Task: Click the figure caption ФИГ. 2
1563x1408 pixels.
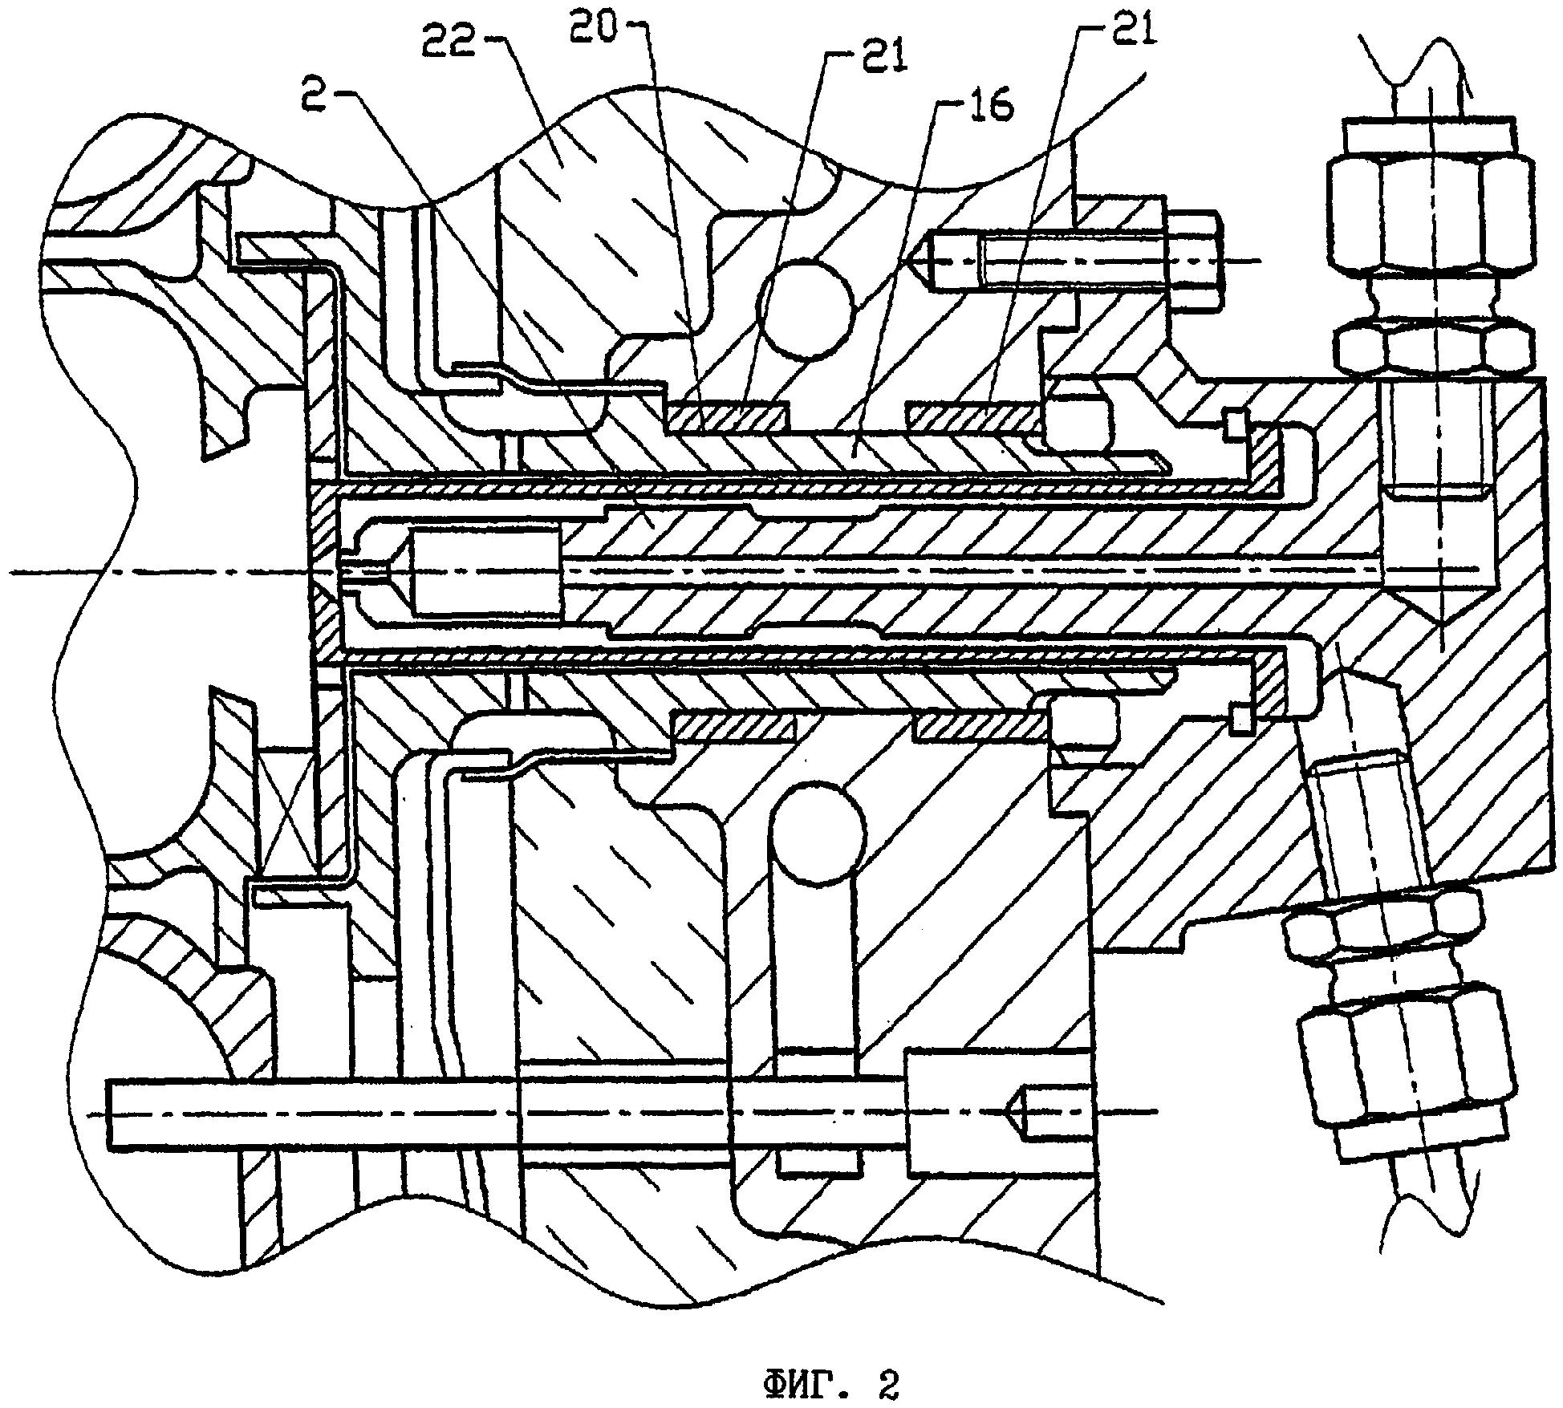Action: coord(830,1386)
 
